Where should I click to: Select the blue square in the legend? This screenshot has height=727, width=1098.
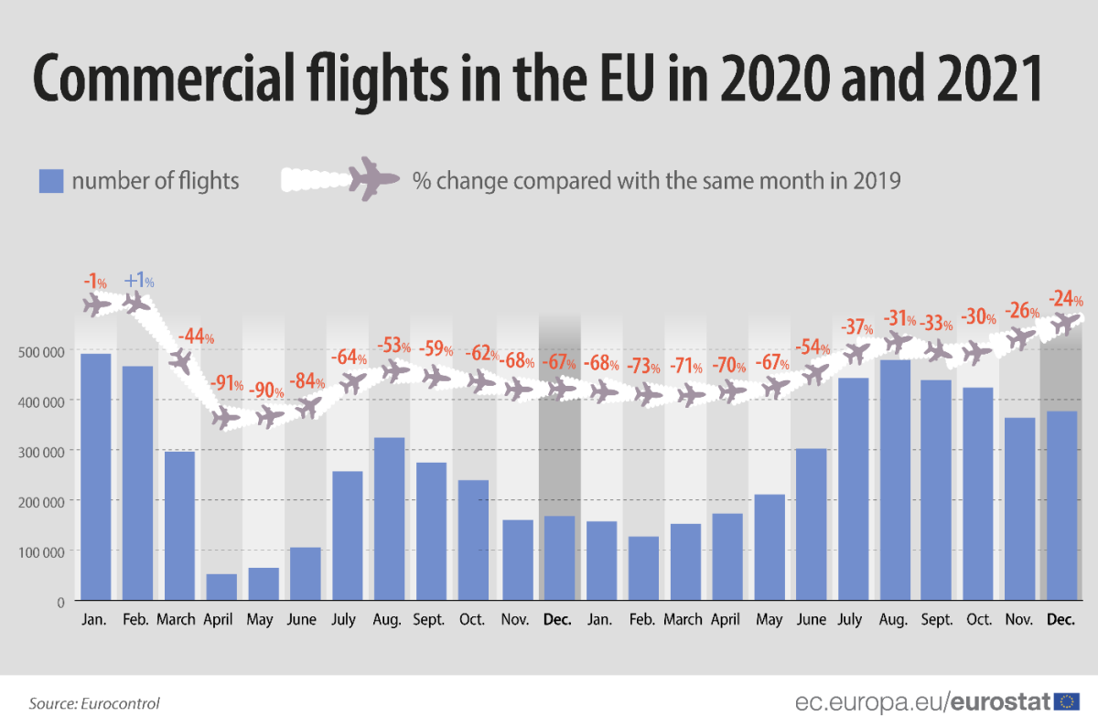click(50, 181)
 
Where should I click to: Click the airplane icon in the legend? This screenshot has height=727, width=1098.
click(373, 178)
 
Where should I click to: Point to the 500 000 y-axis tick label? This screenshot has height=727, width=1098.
click(40, 351)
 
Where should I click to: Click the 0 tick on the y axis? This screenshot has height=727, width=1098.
click(60, 602)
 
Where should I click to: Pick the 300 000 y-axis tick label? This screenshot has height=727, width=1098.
click(40, 452)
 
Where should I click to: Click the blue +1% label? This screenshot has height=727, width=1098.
click(138, 281)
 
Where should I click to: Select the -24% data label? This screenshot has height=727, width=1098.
click(1065, 299)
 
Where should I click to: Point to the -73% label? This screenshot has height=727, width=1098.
click(644, 367)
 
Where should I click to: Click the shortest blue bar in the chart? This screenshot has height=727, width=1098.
click(221, 587)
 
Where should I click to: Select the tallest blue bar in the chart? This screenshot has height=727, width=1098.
click(96, 476)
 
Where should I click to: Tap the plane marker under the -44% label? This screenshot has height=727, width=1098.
click(181, 361)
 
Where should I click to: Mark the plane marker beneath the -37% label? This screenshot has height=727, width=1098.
click(856, 353)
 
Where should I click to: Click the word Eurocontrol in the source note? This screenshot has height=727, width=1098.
click(122, 703)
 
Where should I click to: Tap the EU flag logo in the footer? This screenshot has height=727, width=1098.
click(1066, 701)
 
